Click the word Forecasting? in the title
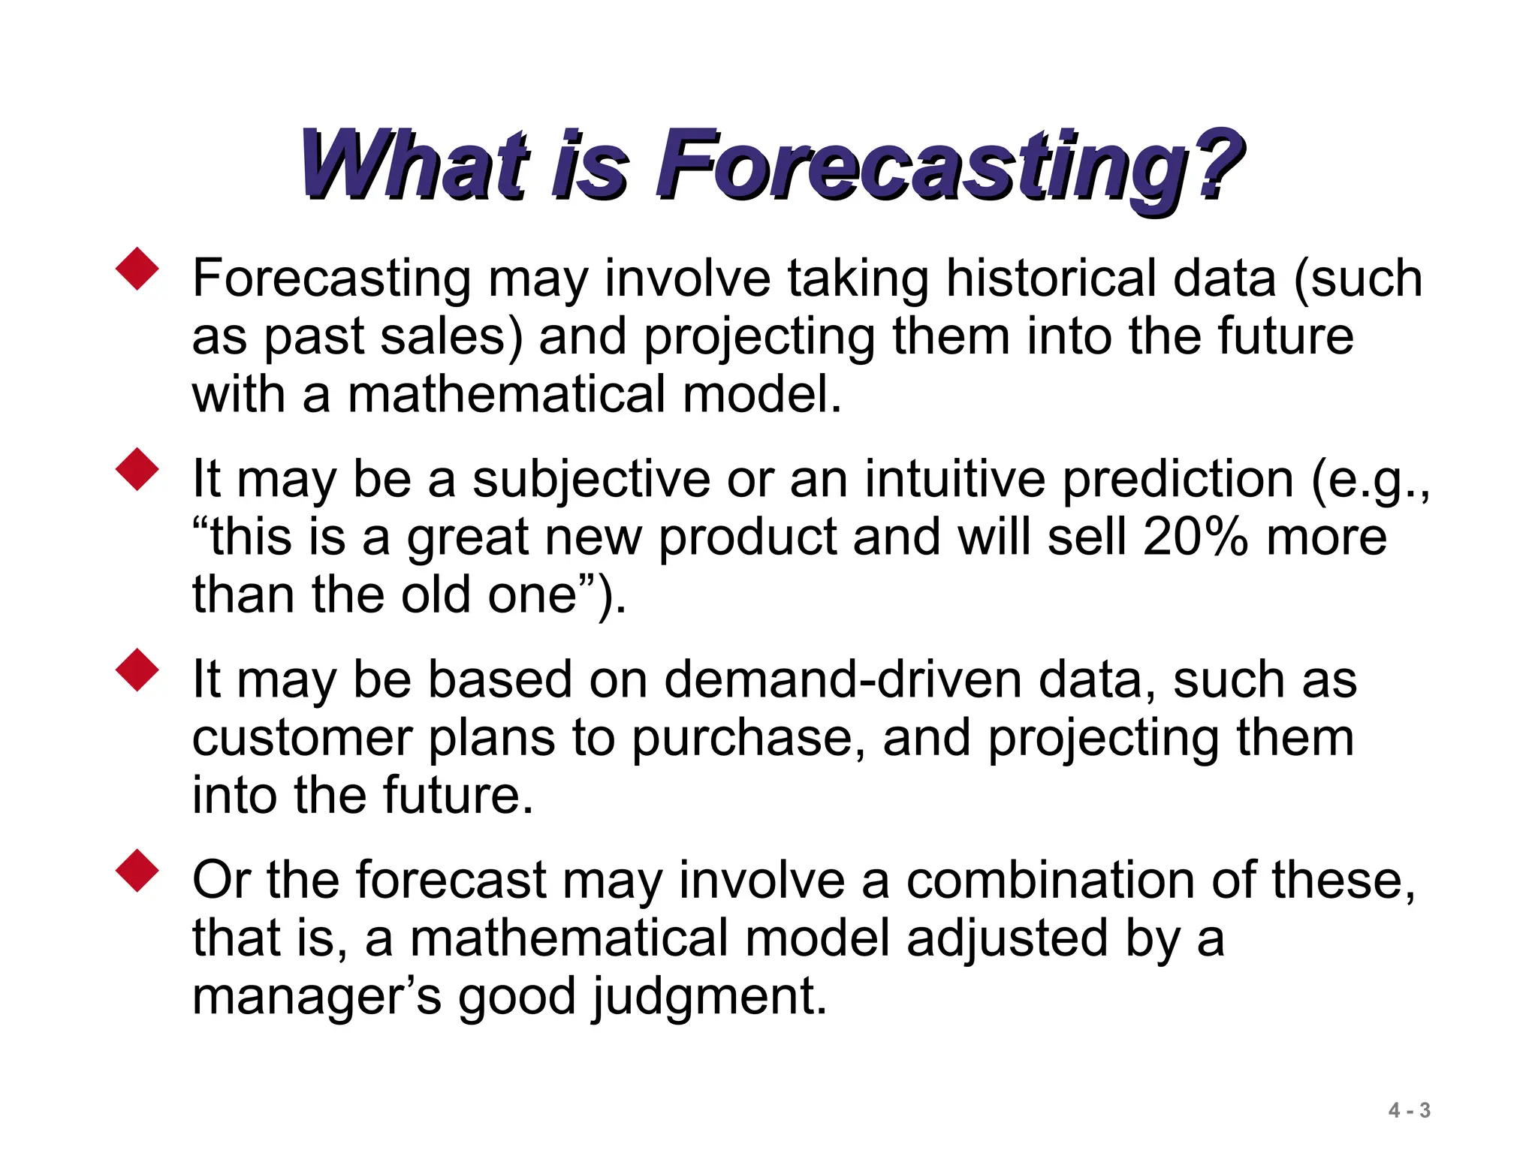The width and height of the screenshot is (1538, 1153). (x=949, y=166)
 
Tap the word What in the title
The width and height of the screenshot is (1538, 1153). (x=414, y=166)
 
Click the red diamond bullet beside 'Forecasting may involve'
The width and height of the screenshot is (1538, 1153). (x=137, y=269)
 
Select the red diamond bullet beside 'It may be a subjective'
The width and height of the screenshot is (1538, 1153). (x=137, y=470)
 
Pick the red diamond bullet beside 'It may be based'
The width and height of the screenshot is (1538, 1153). (x=137, y=670)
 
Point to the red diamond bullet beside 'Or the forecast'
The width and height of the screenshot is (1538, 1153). (x=137, y=871)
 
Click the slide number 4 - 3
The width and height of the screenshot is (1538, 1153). (x=1409, y=1110)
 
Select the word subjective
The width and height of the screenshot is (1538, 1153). (x=591, y=480)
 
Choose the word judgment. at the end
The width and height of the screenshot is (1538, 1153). (x=710, y=997)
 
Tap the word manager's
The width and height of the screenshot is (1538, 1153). (x=316, y=997)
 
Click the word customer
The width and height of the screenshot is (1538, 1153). (x=302, y=738)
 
